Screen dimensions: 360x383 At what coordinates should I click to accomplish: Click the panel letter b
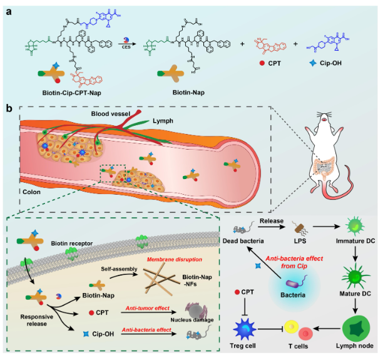9,108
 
